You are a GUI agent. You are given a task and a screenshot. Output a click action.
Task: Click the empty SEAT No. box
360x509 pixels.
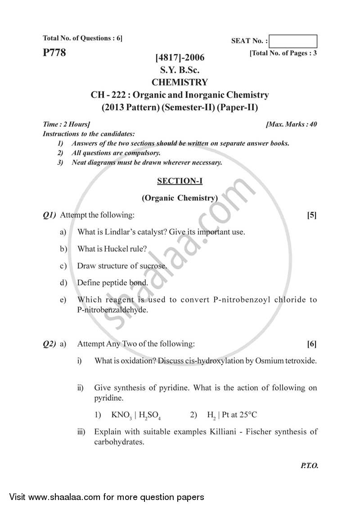click(294, 41)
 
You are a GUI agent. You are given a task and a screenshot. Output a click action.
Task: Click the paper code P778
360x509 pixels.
click(54, 53)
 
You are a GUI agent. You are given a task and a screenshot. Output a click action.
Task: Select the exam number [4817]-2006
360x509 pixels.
click(180, 58)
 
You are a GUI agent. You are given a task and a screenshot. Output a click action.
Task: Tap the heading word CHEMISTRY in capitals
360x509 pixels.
click(180, 82)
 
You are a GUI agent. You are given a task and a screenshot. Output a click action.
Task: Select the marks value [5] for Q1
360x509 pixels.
click(311, 215)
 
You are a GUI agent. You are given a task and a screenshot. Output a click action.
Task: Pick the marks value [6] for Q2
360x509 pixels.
click(311, 344)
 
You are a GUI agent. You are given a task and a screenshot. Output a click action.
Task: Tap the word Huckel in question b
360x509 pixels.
click(116, 249)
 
